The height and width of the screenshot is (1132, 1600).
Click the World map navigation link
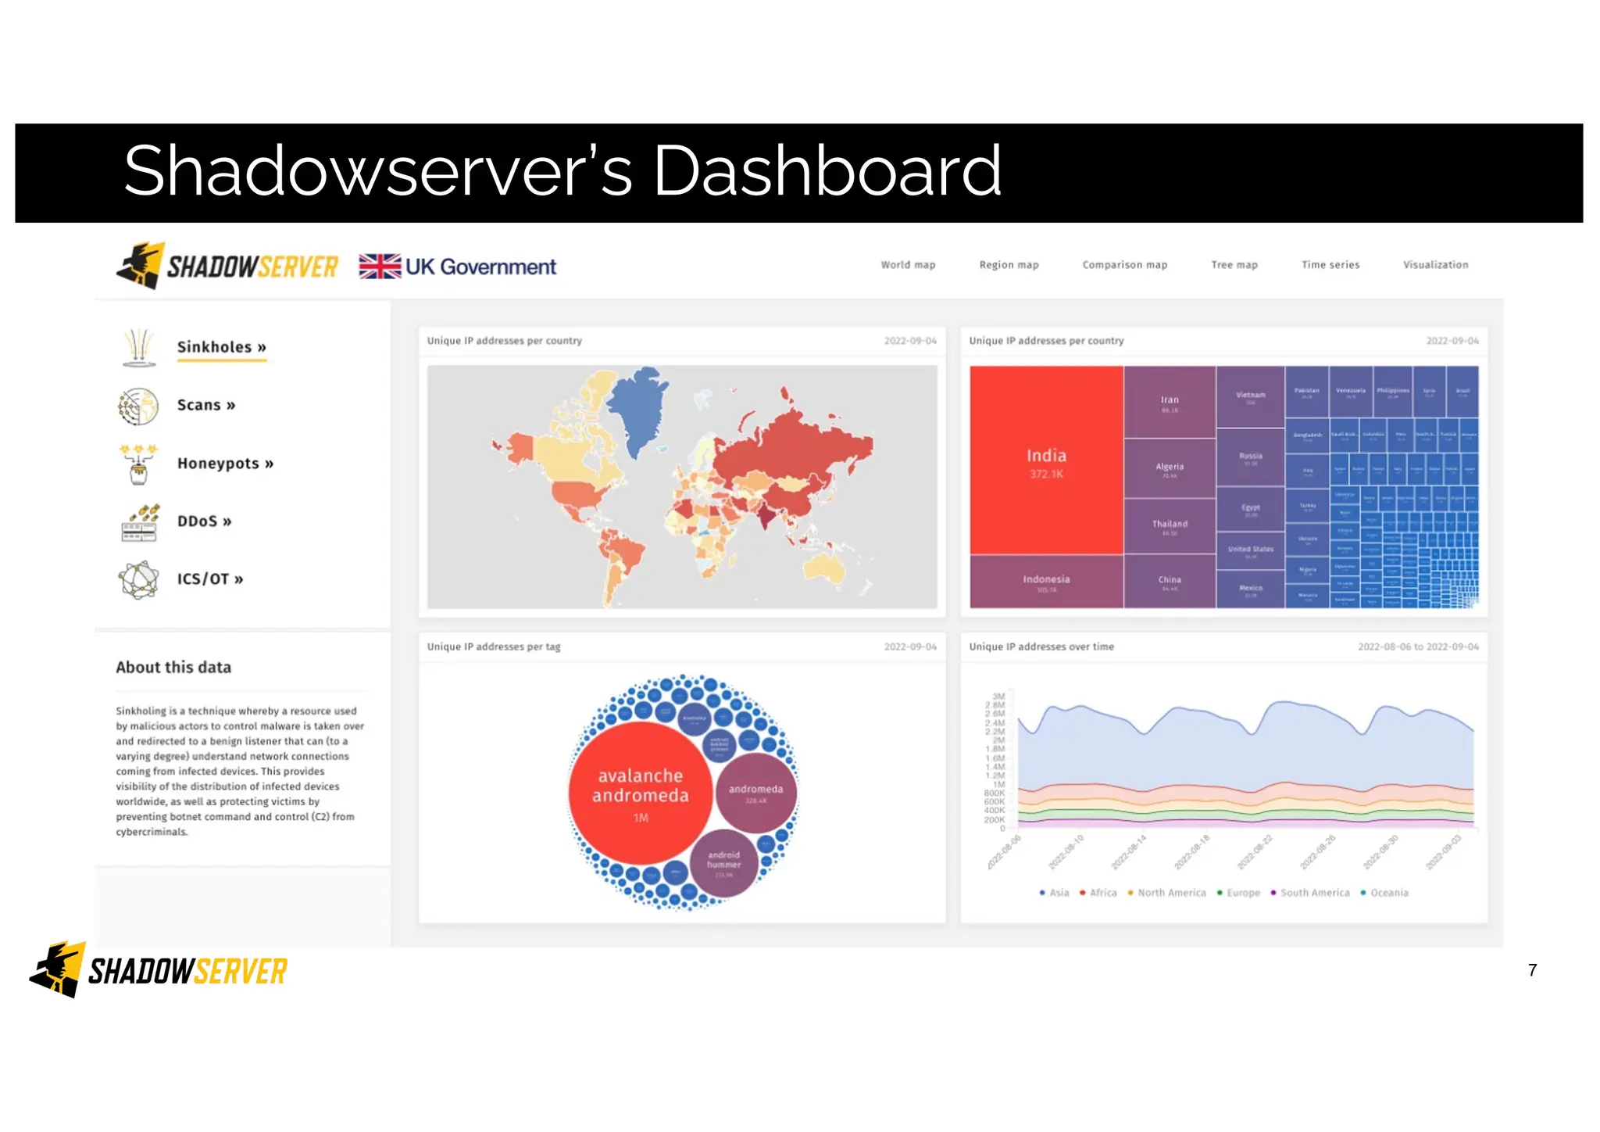point(908,265)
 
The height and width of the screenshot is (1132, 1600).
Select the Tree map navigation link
point(1234,265)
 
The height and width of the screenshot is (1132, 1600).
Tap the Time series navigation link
point(1330,265)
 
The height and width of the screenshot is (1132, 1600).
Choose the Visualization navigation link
point(1435,265)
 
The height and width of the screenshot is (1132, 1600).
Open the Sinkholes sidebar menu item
point(221,347)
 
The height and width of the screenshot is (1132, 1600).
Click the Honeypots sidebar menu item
point(225,464)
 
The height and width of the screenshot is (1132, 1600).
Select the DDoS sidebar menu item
point(204,521)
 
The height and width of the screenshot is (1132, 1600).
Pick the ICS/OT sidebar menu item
point(209,579)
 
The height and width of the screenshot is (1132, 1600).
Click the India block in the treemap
point(1046,460)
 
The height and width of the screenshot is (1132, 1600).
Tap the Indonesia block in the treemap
point(1046,581)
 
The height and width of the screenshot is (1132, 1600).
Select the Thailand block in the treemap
point(1170,525)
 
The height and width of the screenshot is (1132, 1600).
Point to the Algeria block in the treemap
point(1170,467)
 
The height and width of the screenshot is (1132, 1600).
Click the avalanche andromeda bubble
point(640,793)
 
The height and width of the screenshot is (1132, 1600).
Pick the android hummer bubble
point(723,862)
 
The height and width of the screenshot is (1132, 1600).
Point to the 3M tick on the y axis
point(998,697)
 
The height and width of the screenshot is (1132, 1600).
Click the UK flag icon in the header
point(380,267)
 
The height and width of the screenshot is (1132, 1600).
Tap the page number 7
point(1532,970)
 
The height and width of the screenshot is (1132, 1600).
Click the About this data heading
point(173,668)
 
